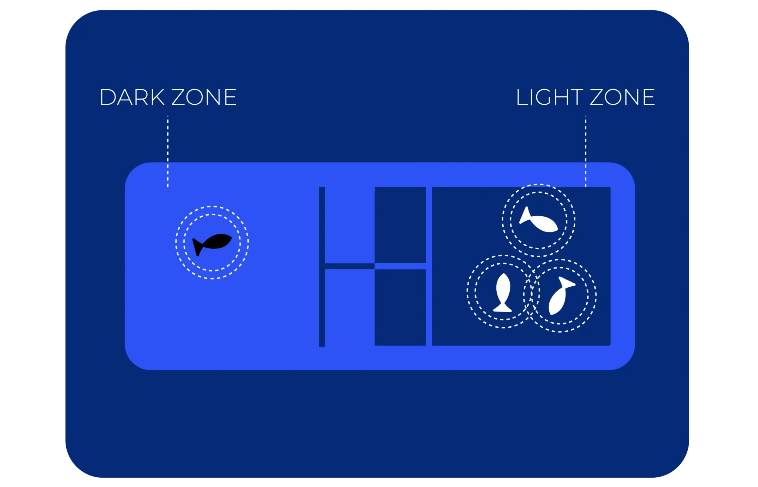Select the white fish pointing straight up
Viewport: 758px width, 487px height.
pyautogui.click(x=503, y=293)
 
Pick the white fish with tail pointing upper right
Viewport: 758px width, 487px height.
pyautogui.click(x=560, y=297)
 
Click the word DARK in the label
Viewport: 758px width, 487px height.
pyautogui.click(x=132, y=97)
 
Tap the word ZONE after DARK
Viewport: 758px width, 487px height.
pyautogui.click(x=204, y=97)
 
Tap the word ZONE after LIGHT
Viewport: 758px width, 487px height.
pyautogui.click(x=622, y=97)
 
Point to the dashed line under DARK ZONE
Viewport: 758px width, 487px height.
pyautogui.click(x=168, y=151)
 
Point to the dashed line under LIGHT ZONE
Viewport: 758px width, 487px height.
pyautogui.click(x=586, y=151)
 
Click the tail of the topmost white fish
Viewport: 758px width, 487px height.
pyautogui.click(x=525, y=216)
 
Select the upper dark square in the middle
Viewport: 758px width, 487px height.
pyautogui.click(x=400, y=225)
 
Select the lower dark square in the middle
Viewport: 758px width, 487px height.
pyautogui.click(x=400, y=307)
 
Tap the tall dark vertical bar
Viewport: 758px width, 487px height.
pyautogui.click(x=322, y=267)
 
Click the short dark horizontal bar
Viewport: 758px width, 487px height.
pyautogui.click(x=350, y=266)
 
